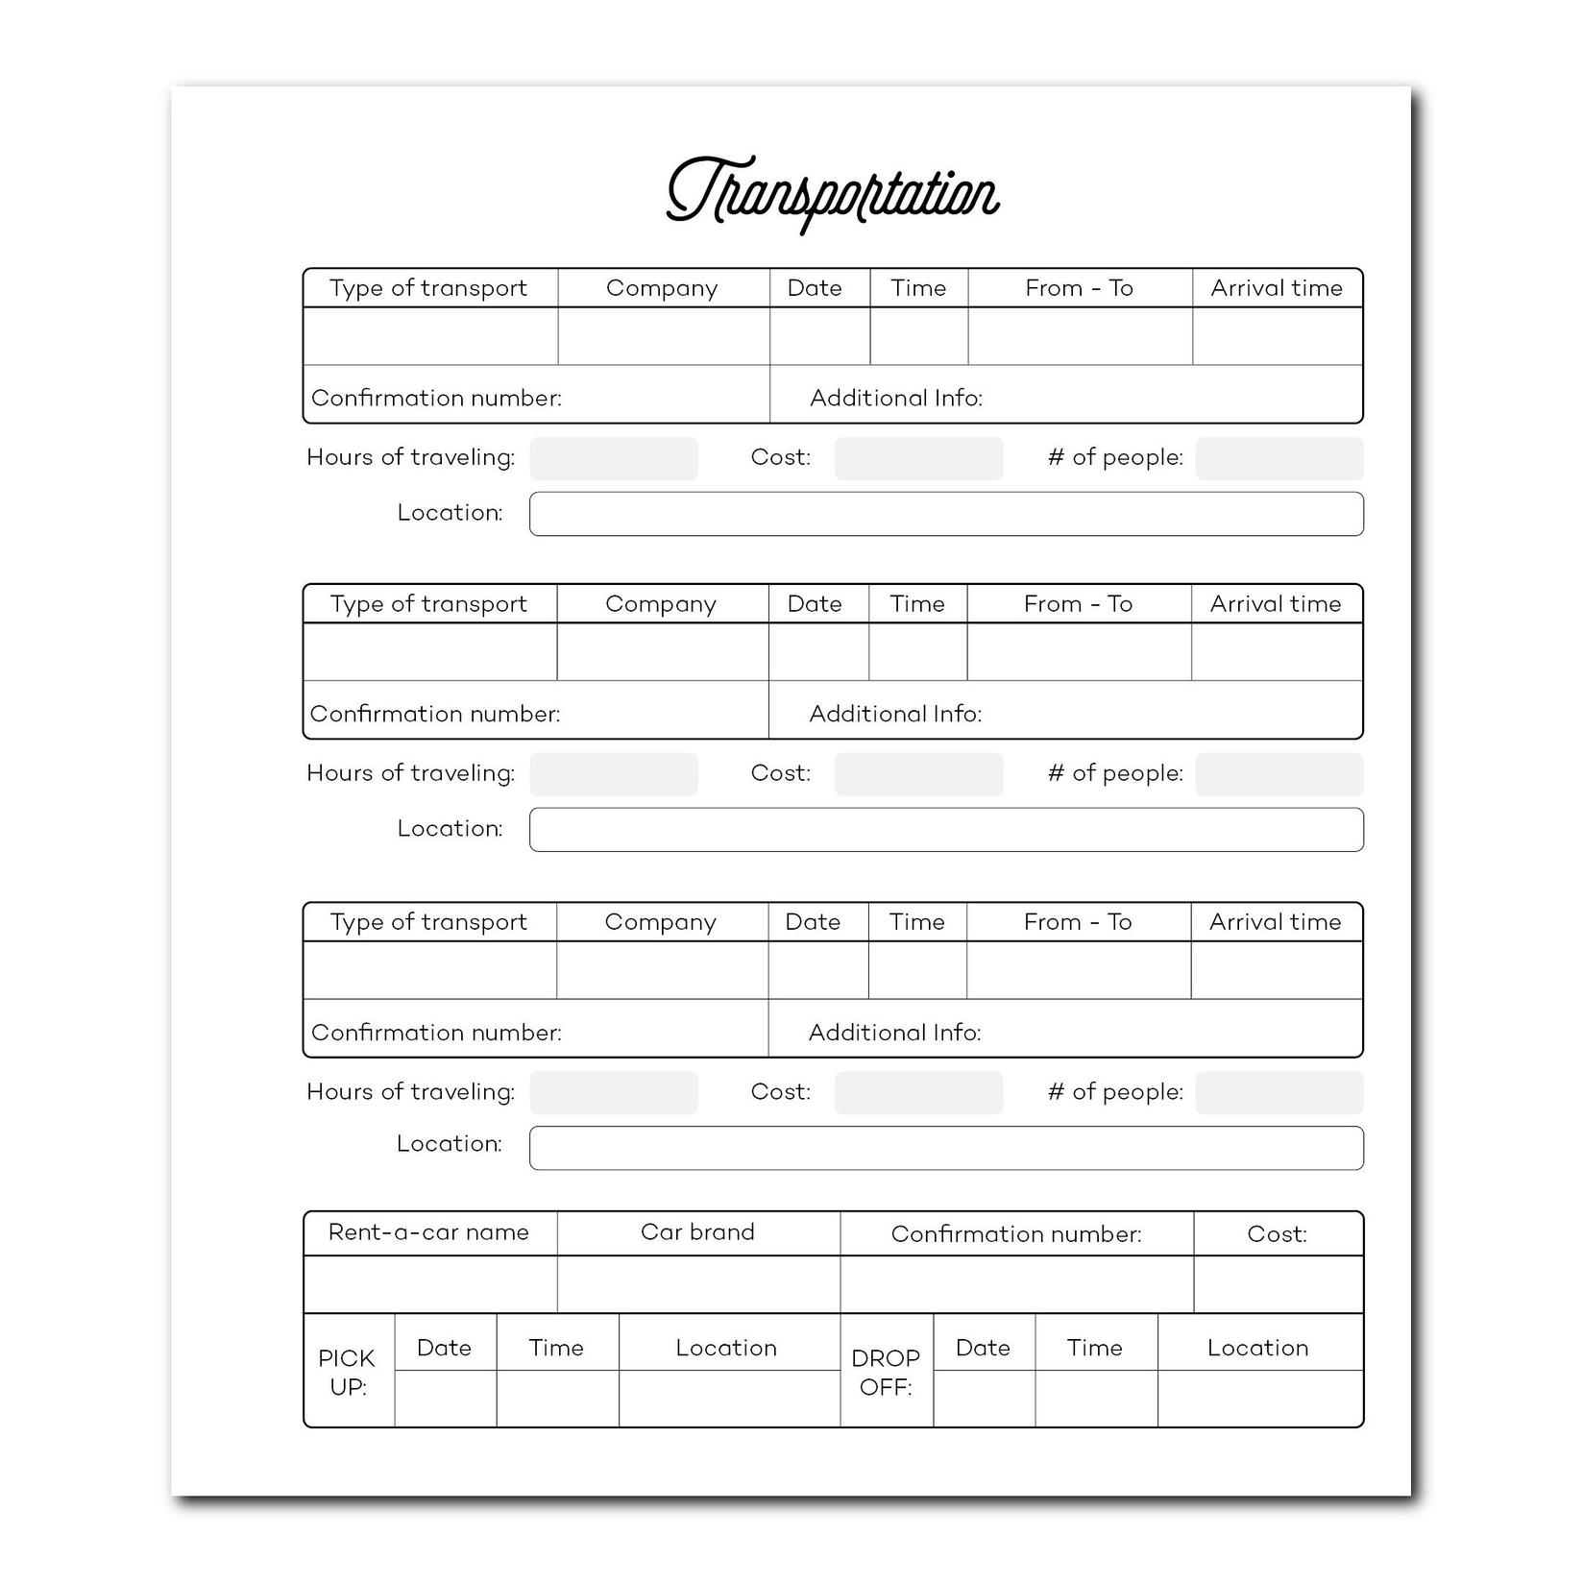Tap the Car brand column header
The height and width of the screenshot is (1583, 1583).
(x=697, y=1232)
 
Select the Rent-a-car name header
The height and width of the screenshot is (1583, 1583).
(x=428, y=1232)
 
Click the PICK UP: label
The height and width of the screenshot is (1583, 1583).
(x=348, y=1373)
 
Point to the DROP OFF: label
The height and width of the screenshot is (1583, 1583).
(x=886, y=1373)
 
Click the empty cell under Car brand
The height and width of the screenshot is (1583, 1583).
(x=698, y=1284)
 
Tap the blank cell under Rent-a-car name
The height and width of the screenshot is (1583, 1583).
(x=430, y=1284)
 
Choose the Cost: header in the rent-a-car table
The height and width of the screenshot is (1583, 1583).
(x=1277, y=1234)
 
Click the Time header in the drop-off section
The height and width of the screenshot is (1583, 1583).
(x=1095, y=1348)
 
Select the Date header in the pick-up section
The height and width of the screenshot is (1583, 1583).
(x=444, y=1348)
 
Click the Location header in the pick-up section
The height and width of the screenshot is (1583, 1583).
(x=726, y=1348)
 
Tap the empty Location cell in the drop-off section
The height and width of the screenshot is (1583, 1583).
(x=1259, y=1398)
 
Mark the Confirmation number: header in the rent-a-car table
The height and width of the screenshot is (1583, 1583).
(x=1016, y=1234)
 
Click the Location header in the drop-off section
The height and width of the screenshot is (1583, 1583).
(x=1257, y=1348)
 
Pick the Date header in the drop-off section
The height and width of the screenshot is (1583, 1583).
(x=983, y=1348)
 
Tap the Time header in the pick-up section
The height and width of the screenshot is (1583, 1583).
(x=556, y=1348)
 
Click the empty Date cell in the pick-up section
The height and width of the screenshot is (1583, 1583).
(x=445, y=1398)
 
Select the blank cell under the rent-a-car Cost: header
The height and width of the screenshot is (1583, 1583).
(x=1278, y=1284)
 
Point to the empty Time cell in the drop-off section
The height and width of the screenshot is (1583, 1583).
(x=1096, y=1398)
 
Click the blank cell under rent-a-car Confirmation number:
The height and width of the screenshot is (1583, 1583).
(x=1016, y=1284)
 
